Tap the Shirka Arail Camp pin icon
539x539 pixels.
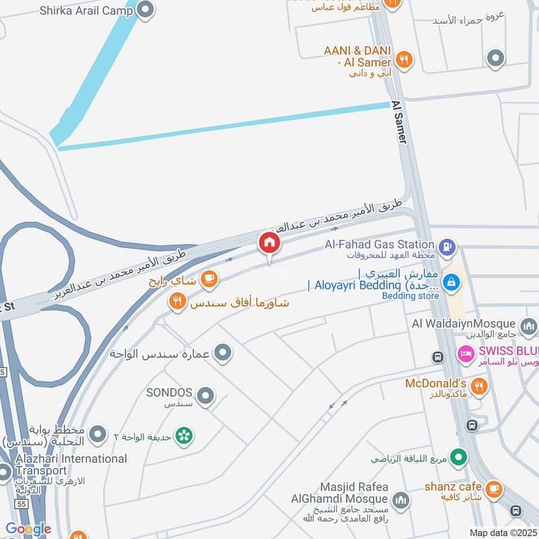pyautogui.click(x=145, y=9)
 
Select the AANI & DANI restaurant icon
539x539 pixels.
pyautogui.click(x=404, y=59)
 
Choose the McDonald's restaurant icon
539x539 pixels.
pyautogui.click(x=479, y=386)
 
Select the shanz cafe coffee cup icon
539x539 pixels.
pyautogui.click(x=494, y=488)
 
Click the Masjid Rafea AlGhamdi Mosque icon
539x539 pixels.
pyautogui.click(x=401, y=500)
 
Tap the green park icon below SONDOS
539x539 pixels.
pyautogui.click(x=183, y=436)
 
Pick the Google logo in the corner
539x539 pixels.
pyautogui.click(x=28, y=529)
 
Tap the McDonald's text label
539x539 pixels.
pyautogui.click(x=435, y=383)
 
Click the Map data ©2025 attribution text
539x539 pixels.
pyautogui.click(x=502, y=532)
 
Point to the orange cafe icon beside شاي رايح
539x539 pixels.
pyautogui.click(x=209, y=278)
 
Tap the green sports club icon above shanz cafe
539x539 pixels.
pyautogui.click(x=459, y=458)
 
